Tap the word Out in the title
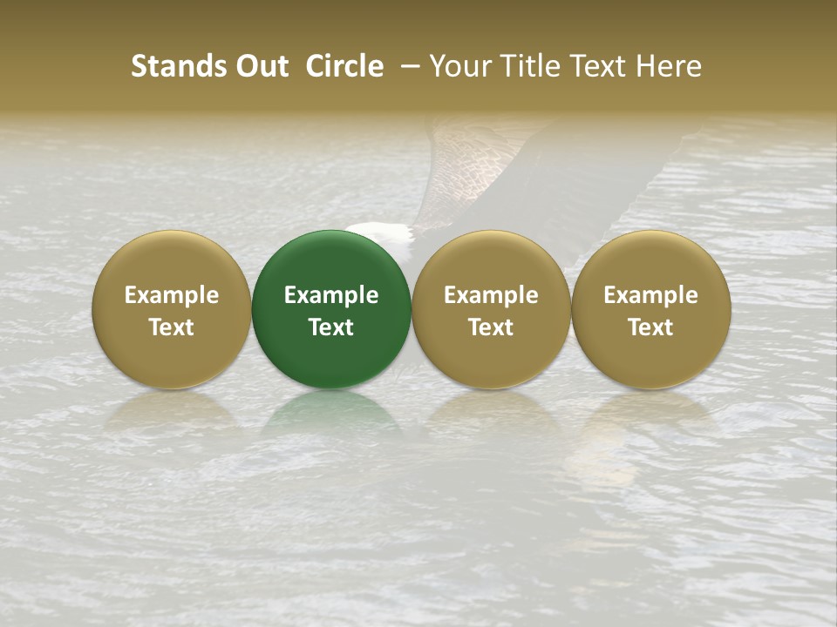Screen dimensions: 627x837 pyautogui.click(x=261, y=66)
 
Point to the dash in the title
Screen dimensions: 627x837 pyautogui.click(x=406, y=66)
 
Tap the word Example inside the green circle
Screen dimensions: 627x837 pyautogui.click(x=331, y=295)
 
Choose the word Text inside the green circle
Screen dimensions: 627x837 pyautogui.click(x=331, y=327)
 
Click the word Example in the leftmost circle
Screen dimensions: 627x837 pyautogui.click(x=172, y=295)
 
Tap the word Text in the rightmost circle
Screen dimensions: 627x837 pyautogui.click(x=651, y=327)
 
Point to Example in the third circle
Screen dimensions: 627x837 pyautogui.click(x=491, y=295)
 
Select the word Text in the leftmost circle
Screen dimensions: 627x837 pyautogui.click(x=172, y=327)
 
